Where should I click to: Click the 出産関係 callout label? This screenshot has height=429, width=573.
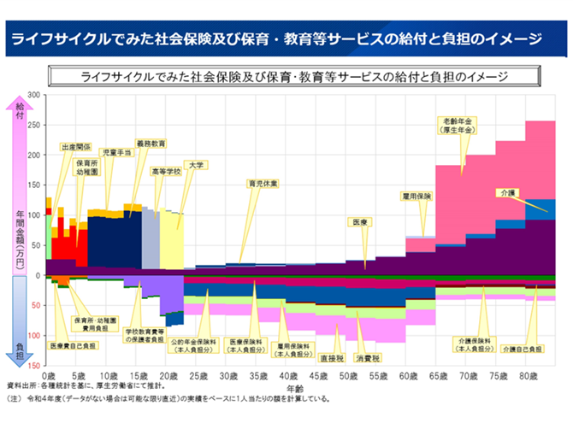pyautogui.click(x=76, y=147)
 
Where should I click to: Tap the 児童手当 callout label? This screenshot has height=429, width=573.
pyautogui.click(x=115, y=152)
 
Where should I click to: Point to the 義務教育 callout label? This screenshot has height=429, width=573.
pyautogui.click(x=151, y=143)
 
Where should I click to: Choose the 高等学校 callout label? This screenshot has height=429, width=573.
pyautogui.click(x=167, y=171)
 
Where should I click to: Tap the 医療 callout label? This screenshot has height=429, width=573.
pyautogui.click(x=360, y=221)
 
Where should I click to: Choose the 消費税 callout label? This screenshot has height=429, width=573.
pyautogui.click(x=369, y=357)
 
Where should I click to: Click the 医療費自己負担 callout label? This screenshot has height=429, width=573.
pyautogui.click(x=74, y=346)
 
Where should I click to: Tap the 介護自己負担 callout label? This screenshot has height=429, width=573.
pyautogui.click(x=522, y=349)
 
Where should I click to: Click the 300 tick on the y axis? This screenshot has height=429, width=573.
pyautogui.click(x=34, y=95)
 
